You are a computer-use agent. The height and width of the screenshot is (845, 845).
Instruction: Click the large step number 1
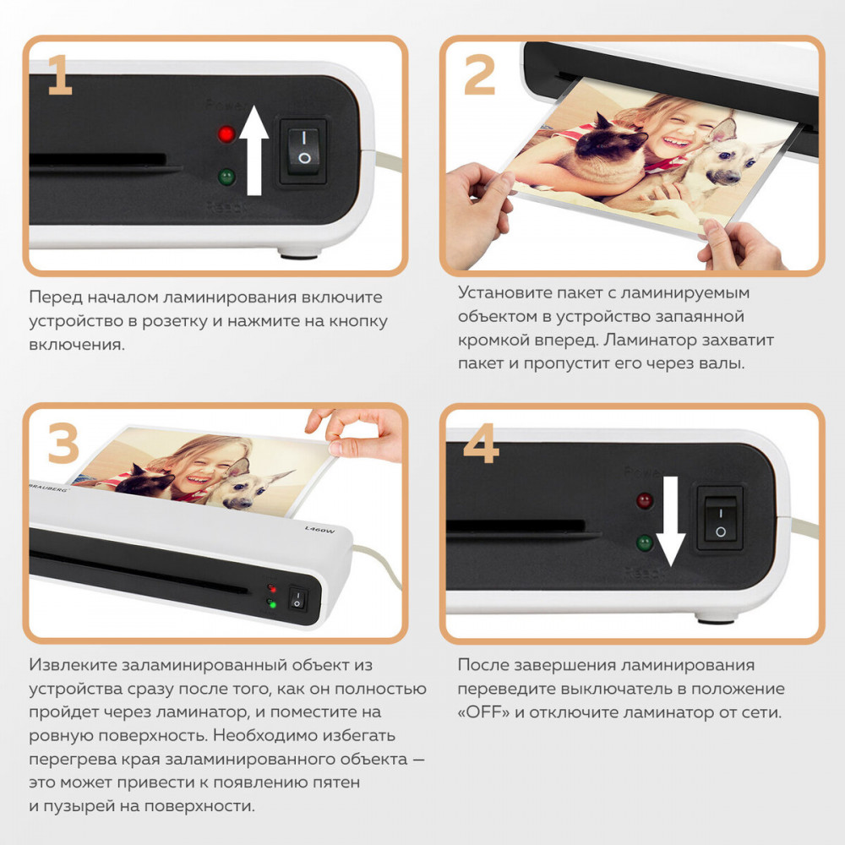[x=59, y=75]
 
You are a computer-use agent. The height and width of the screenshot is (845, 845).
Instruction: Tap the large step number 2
[x=479, y=75]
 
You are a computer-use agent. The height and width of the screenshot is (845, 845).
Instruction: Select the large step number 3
[x=63, y=443]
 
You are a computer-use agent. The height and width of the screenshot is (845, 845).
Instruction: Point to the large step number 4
[x=481, y=443]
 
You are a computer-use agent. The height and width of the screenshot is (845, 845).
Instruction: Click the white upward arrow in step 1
[x=253, y=150]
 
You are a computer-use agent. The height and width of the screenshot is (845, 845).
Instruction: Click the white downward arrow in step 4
[x=670, y=521]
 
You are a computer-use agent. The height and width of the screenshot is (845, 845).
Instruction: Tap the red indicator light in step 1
[x=226, y=134]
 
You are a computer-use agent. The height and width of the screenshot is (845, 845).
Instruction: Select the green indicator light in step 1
[x=226, y=177]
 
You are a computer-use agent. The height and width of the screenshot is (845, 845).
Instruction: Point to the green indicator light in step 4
[x=645, y=542]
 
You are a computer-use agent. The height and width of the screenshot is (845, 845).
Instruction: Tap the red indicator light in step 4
[x=645, y=500]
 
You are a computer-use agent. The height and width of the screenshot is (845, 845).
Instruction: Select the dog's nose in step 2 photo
[x=733, y=177]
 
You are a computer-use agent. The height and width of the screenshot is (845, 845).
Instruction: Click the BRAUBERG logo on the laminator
[x=49, y=486]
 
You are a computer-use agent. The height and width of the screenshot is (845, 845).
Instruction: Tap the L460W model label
[x=319, y=529]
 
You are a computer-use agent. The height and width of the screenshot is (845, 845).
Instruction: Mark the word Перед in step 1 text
[x=56, y=297]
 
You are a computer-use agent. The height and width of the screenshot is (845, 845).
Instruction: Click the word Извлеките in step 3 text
[x=73, y=665]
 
